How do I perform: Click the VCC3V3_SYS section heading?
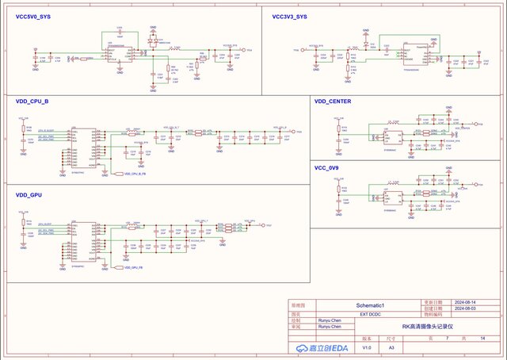(289, 16)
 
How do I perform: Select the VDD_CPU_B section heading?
(32, 101)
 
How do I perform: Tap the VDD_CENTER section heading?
(333, 101)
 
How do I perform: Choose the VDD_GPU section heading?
(29, 194)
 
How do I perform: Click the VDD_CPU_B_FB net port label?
(135, 173)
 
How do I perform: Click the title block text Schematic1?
(369, 305)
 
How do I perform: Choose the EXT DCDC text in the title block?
(370, 314)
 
